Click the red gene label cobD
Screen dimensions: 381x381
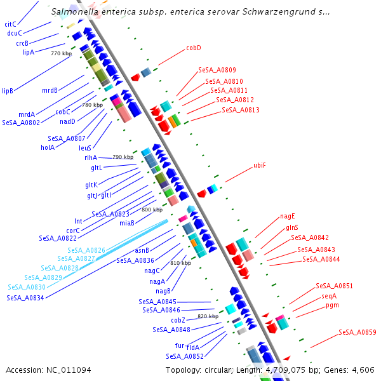193,48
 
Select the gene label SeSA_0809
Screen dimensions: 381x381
217,70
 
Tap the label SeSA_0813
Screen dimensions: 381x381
240,110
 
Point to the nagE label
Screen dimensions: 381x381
288,216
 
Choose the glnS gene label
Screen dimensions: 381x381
292,227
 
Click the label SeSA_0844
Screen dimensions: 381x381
321,259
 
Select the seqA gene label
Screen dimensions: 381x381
329,296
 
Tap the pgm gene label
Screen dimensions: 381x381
332,305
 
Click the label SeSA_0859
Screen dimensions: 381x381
357,332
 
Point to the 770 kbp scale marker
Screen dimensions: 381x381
60,54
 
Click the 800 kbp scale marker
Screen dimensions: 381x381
152,210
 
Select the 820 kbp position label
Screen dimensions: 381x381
208,316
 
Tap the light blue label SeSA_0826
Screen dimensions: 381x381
86,250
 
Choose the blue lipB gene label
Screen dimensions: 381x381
8,91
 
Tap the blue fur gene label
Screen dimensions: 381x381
180,345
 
